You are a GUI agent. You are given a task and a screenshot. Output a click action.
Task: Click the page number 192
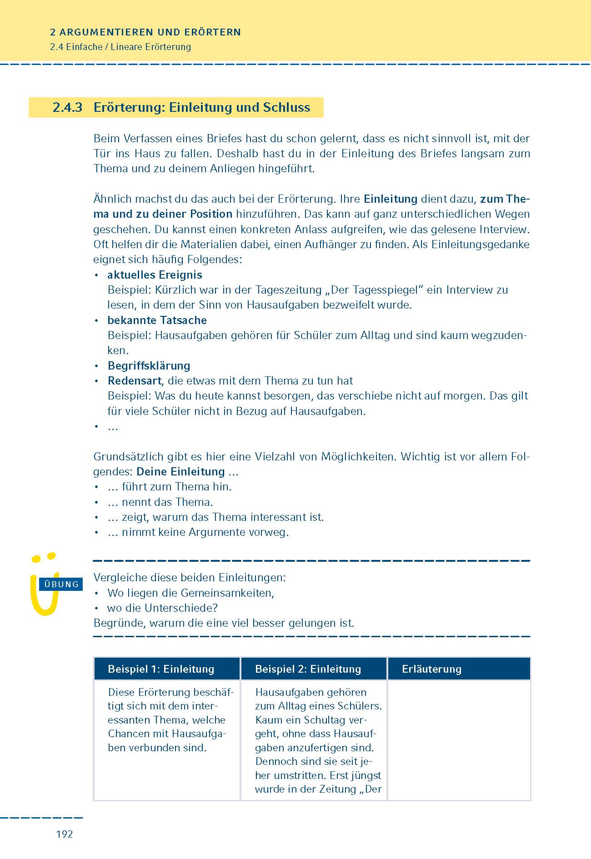(65, 834)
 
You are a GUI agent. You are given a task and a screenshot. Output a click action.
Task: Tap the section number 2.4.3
(67, 107)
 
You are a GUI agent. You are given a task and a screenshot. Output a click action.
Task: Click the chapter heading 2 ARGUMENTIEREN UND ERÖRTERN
(145, 32)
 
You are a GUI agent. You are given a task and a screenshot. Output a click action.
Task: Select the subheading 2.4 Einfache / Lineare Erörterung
(120, 47)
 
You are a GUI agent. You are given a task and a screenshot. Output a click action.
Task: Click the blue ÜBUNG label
(61, 584)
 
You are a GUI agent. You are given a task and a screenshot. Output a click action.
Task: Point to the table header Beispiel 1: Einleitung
(161, 669)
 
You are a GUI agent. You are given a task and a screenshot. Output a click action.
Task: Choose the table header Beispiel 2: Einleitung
(308, 669)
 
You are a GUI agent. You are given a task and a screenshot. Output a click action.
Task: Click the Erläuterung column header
(431, 669)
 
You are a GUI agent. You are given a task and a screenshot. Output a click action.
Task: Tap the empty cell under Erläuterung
(459, 739)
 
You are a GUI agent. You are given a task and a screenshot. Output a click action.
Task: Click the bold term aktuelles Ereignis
(155, 275)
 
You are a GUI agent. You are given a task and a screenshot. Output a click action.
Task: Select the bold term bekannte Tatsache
(157, 320)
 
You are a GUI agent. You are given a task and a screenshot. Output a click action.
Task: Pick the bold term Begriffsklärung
(149, 365)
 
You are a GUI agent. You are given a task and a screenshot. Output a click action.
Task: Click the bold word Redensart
(135, 380)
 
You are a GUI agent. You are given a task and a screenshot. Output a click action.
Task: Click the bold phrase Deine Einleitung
(180, 471)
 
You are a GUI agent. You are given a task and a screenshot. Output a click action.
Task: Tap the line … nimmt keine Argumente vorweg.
(198, 532)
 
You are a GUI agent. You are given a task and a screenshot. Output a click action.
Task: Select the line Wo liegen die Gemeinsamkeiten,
(190, 593)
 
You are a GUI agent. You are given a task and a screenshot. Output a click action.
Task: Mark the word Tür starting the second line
(102, 153)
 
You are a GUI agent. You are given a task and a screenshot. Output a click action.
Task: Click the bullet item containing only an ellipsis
(113, 426)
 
